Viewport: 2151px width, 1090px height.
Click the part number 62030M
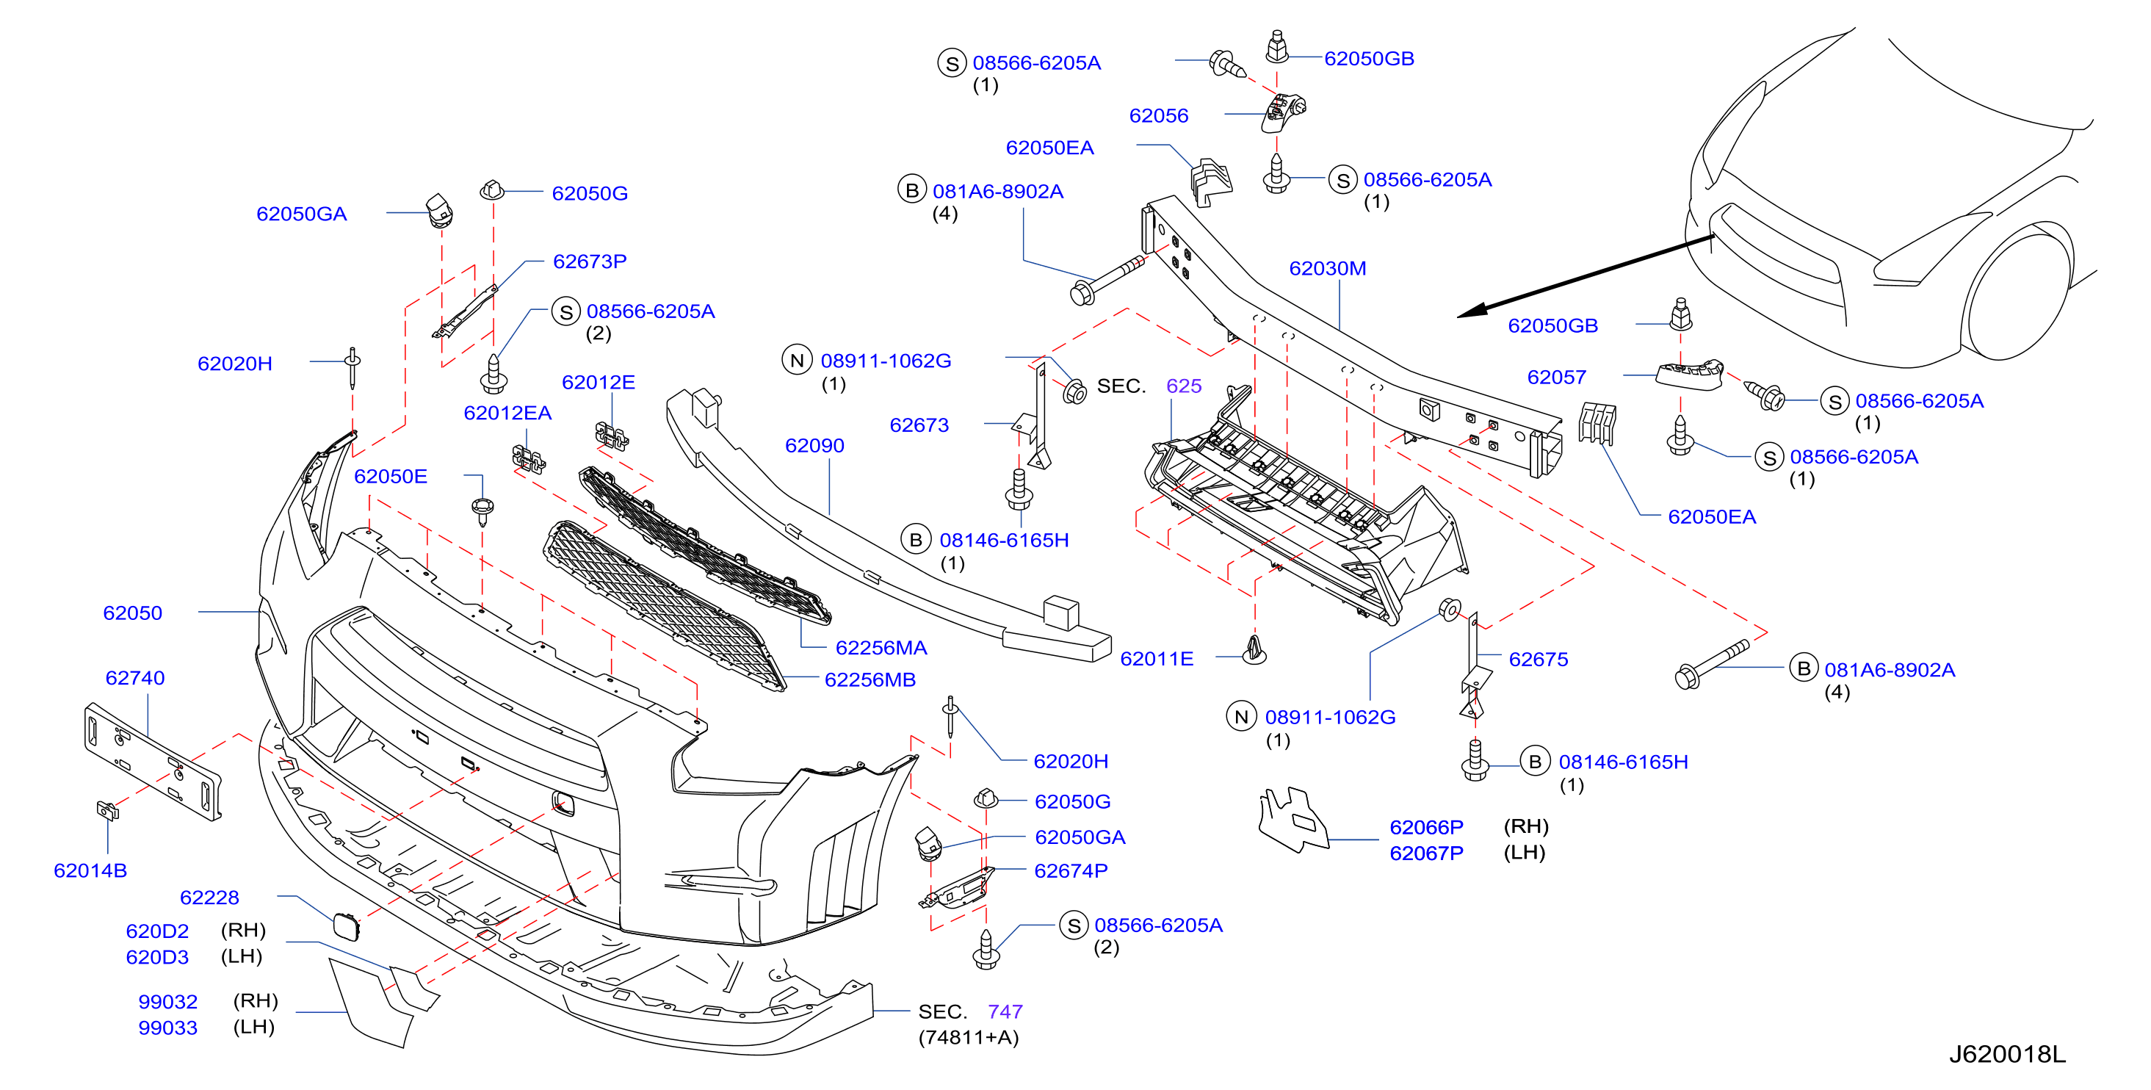pyautogui.click(x=1327, y=268)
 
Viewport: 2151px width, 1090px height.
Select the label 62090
pyautogui.click(x=814, y=445)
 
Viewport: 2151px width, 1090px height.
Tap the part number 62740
pyautogui.click(x=134, y=677)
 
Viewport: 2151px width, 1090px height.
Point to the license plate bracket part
pyautogui.click(x=153, y=761)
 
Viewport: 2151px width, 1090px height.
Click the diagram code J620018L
pyautogui.click(x=2006, y=1054)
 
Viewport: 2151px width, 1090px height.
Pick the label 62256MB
pyautogui.click(x=870, y=680)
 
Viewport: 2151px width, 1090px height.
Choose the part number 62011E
pyautogui.click(x=1157, y=658)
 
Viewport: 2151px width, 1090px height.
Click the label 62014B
pyautogui.click(x=90, y=870)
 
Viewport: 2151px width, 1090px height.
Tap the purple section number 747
pyautogui.click(x=1005, y=1011)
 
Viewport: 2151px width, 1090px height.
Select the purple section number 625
pyautogui.click(x=1183, y=386)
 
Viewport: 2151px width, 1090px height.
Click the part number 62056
pyautogui.click(x=1158, y=115)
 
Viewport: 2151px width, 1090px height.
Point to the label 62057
pyautogui.click(x=1555, y=377)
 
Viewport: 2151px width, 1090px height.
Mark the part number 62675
pyautogui.click(x=1538, y=659)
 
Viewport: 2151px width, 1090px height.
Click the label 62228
pyautogui.click(x=209, y=897)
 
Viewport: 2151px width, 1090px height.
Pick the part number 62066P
pyautogui.click(x=1426, y=827)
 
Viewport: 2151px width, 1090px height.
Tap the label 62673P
pyautogui.click(x=590, y=261)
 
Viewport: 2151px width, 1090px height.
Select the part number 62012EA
pyautogui.click(x=507, y=413)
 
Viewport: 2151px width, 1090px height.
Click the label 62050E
pyautogui.click(x=390, y=476)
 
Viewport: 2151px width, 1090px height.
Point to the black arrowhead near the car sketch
pyautogui.click(x=1471, y=311)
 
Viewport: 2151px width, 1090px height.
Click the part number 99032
pyautogui.click(x=168, y=1001)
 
